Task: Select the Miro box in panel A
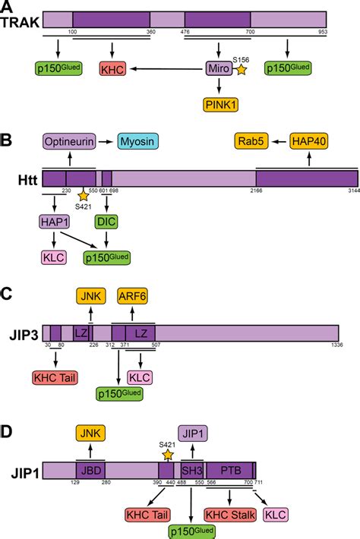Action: (217, 70)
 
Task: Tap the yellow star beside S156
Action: (242, 71)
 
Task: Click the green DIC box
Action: (106, 222)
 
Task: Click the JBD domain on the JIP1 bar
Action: (90, 471)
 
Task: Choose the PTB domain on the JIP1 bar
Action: (229, 471)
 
